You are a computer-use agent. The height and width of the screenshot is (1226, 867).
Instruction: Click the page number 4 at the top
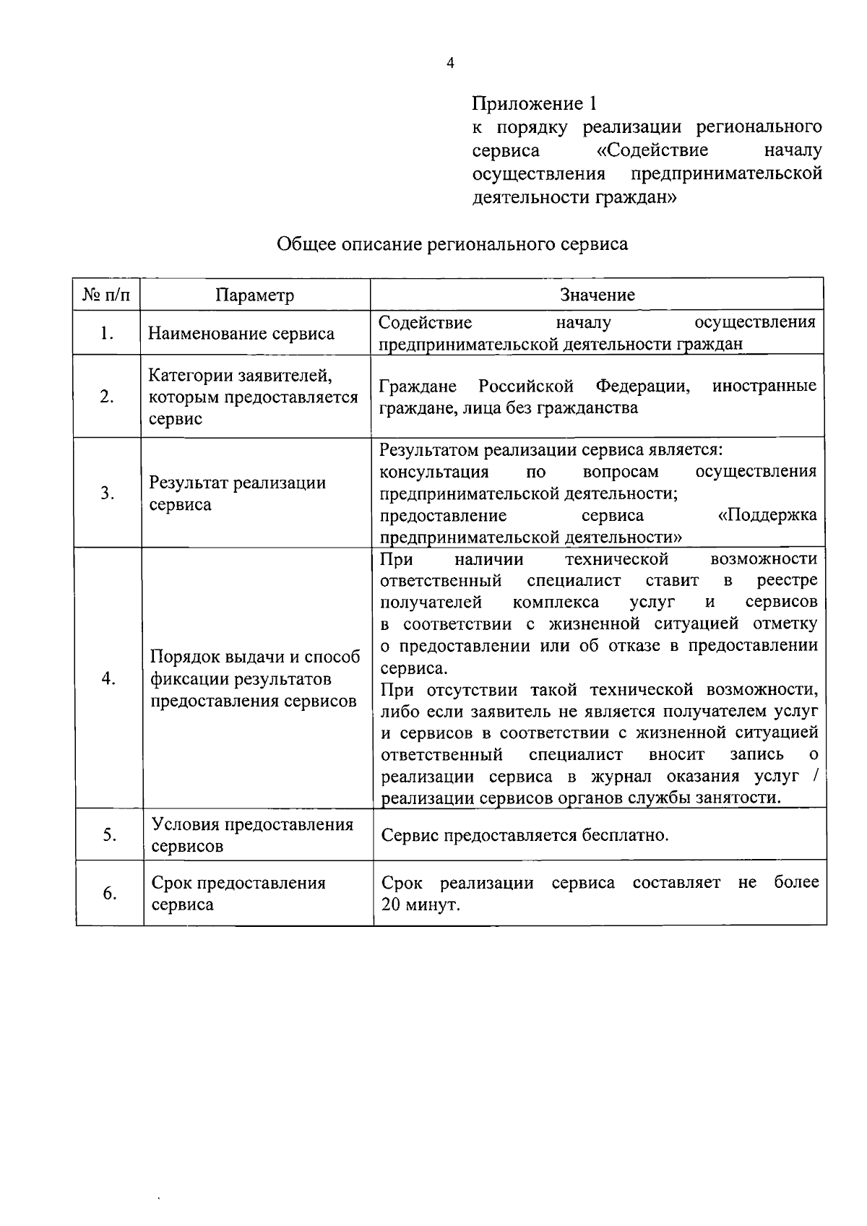click(x=451, y=64)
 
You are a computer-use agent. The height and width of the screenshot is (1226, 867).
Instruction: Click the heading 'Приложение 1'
click(x=535, y=103)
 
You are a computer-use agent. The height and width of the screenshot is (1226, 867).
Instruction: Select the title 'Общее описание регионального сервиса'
click(x=452, y=243)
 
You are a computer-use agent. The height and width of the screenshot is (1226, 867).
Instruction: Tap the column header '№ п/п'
click(x=107, y=295)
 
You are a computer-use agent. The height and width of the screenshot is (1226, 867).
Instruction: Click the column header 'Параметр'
click(x=255, y=295)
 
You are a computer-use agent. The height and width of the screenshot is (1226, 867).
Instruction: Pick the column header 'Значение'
click(x=598, y=295)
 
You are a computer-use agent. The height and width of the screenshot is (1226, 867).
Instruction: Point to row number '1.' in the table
click(x=107, y=333)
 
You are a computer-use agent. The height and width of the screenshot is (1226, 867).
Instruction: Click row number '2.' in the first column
click(x=107, y=397)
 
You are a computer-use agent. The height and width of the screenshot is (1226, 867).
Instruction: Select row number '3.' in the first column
click(x=108, y=493)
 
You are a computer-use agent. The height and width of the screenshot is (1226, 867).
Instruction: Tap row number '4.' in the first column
click(x=108, y=678)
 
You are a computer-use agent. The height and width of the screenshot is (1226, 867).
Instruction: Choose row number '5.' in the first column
click(x=109, y=835)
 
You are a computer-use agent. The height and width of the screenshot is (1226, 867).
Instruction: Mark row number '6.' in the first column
click(x=109, y=894)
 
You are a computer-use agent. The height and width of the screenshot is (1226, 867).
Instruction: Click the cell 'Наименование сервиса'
click(x=241, y=334)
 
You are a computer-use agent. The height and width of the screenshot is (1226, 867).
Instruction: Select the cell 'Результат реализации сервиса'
click(x=237, y=493)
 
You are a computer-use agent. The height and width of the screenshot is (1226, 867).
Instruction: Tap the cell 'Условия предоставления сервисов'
click(x=252, y=835)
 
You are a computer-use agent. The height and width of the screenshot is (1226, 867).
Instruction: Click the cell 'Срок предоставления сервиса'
click(x=238, y=894)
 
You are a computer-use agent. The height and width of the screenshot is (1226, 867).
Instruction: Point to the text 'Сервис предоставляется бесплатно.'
click(x=525, y=836)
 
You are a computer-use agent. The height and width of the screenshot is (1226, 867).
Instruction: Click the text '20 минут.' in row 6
click(x=420, y=905)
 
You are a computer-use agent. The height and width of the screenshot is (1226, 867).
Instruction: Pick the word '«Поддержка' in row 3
click(x=767, y=515)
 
